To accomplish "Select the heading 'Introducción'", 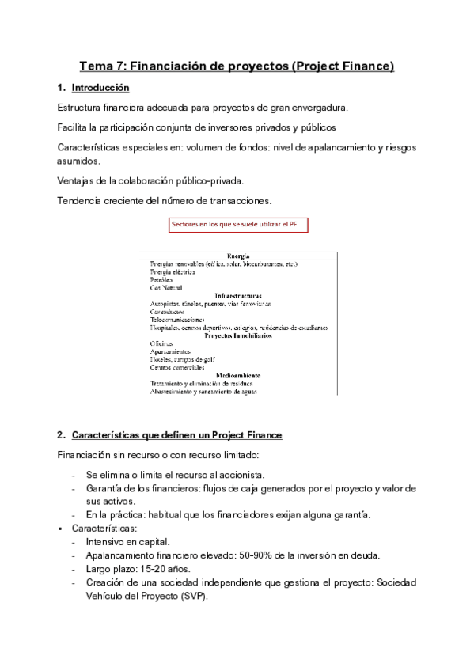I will [100, 88].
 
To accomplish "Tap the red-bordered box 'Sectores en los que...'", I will [239, 226].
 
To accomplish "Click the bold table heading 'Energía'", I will [239, 256].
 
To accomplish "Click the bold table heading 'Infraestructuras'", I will [239, 295].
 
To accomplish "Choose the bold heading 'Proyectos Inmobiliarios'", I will [239, 335].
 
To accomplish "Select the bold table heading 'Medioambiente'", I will [239, 375].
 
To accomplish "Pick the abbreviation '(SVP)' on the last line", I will [189, 596].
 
